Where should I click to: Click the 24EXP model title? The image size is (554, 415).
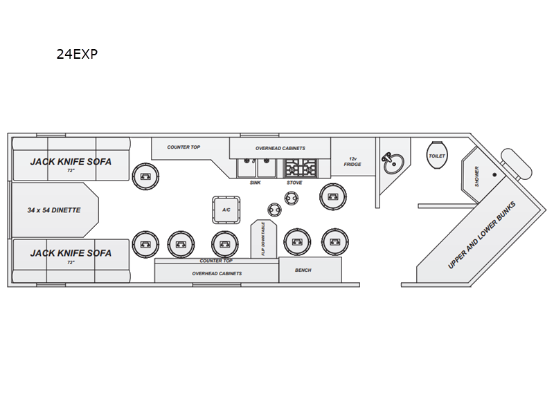(77, 54)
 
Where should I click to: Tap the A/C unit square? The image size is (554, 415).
(226, 210)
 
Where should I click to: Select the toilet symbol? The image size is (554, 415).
(437, 155)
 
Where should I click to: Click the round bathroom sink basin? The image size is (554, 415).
(394, 164)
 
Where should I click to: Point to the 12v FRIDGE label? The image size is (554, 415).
(352, 162)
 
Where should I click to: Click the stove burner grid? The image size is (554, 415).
(301, 167)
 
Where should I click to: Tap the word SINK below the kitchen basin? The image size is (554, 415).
(255, 183)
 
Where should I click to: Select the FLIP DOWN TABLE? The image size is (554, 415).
(264, 239)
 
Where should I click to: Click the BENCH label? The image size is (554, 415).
(303, 270)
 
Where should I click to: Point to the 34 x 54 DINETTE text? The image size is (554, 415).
(54, 210)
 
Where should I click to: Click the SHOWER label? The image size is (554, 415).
(476, 176)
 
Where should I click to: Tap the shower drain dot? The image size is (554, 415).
(494, 175)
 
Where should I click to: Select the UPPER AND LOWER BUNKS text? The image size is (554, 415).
(481, 235)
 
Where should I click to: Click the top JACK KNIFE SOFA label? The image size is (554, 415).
(71, 162)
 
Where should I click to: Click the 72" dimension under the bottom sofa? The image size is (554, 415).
(71, 262)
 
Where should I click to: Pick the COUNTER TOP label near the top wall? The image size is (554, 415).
(184, 147)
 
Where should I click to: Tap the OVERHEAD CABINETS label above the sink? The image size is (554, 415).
(280, 148)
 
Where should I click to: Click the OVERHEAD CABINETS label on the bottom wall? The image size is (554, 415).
(217, 273)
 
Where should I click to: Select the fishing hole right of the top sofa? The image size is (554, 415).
(145, 176)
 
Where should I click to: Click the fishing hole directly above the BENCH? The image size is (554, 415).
(297, 242)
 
